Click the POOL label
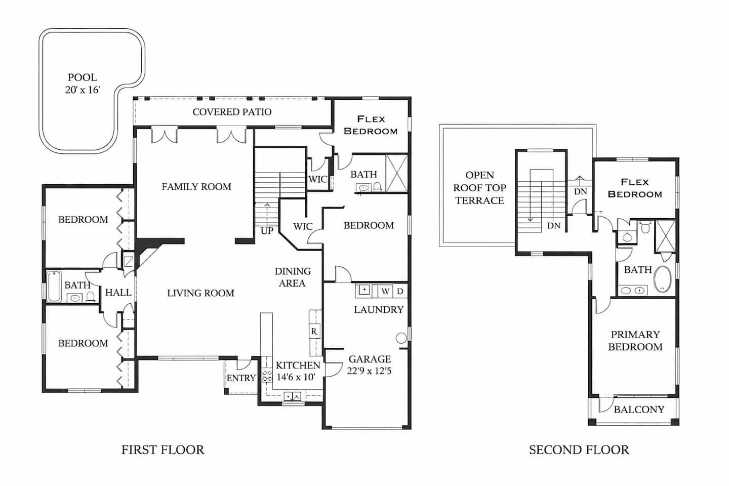[x=83, y=77]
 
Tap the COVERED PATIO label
[x=232, y=112]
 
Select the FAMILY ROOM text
[x=196, y=186]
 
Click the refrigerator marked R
[x=314, y=332]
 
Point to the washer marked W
[x=386, y=291]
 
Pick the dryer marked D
[x=400, y=291]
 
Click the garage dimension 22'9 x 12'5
[x=370, y=371]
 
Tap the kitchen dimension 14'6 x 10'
[x=296, y=377]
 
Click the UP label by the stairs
[x=267, y=231]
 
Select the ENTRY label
[x=241, y=378]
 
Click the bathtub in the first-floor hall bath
[x=54, y=287]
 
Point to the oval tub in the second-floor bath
[x=662, y=279]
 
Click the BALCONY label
[x=639, y=409]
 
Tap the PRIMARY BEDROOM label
[x=635, y=341]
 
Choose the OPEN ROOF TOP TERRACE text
[x=480, y=188]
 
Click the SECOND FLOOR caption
[x=579, y=450]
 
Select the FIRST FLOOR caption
[x=163, y=450]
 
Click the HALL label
[x=118, y=292]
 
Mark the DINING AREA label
[x=293, y=277]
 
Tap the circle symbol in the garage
[x=401, y=338]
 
